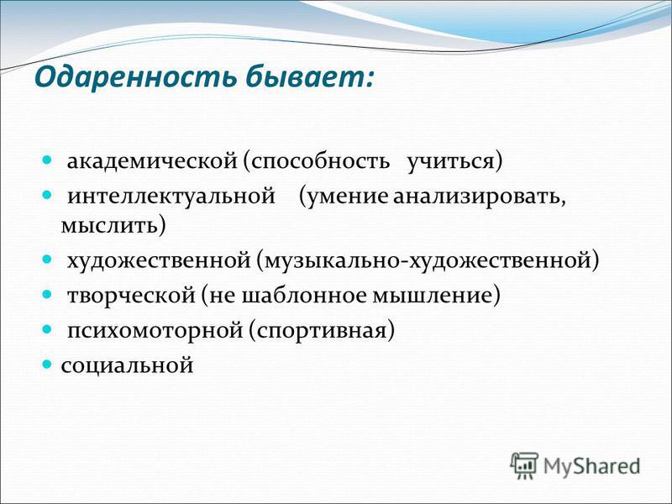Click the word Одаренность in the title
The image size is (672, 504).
click(136, 77)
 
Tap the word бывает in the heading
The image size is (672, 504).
click(304, 77)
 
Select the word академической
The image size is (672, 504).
click(152, 161)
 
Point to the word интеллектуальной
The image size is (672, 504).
click(171, 197)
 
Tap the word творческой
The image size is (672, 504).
click(131, 296)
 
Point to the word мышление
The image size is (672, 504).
click(432, 296)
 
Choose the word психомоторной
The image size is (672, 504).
click(155, 331)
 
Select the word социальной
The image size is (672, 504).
click(128, 365)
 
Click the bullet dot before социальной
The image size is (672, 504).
click(47, 365)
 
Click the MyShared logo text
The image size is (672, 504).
click(591, 466)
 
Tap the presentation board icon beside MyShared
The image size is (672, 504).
click(523, 465)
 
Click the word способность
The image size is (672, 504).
click(321, 162)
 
